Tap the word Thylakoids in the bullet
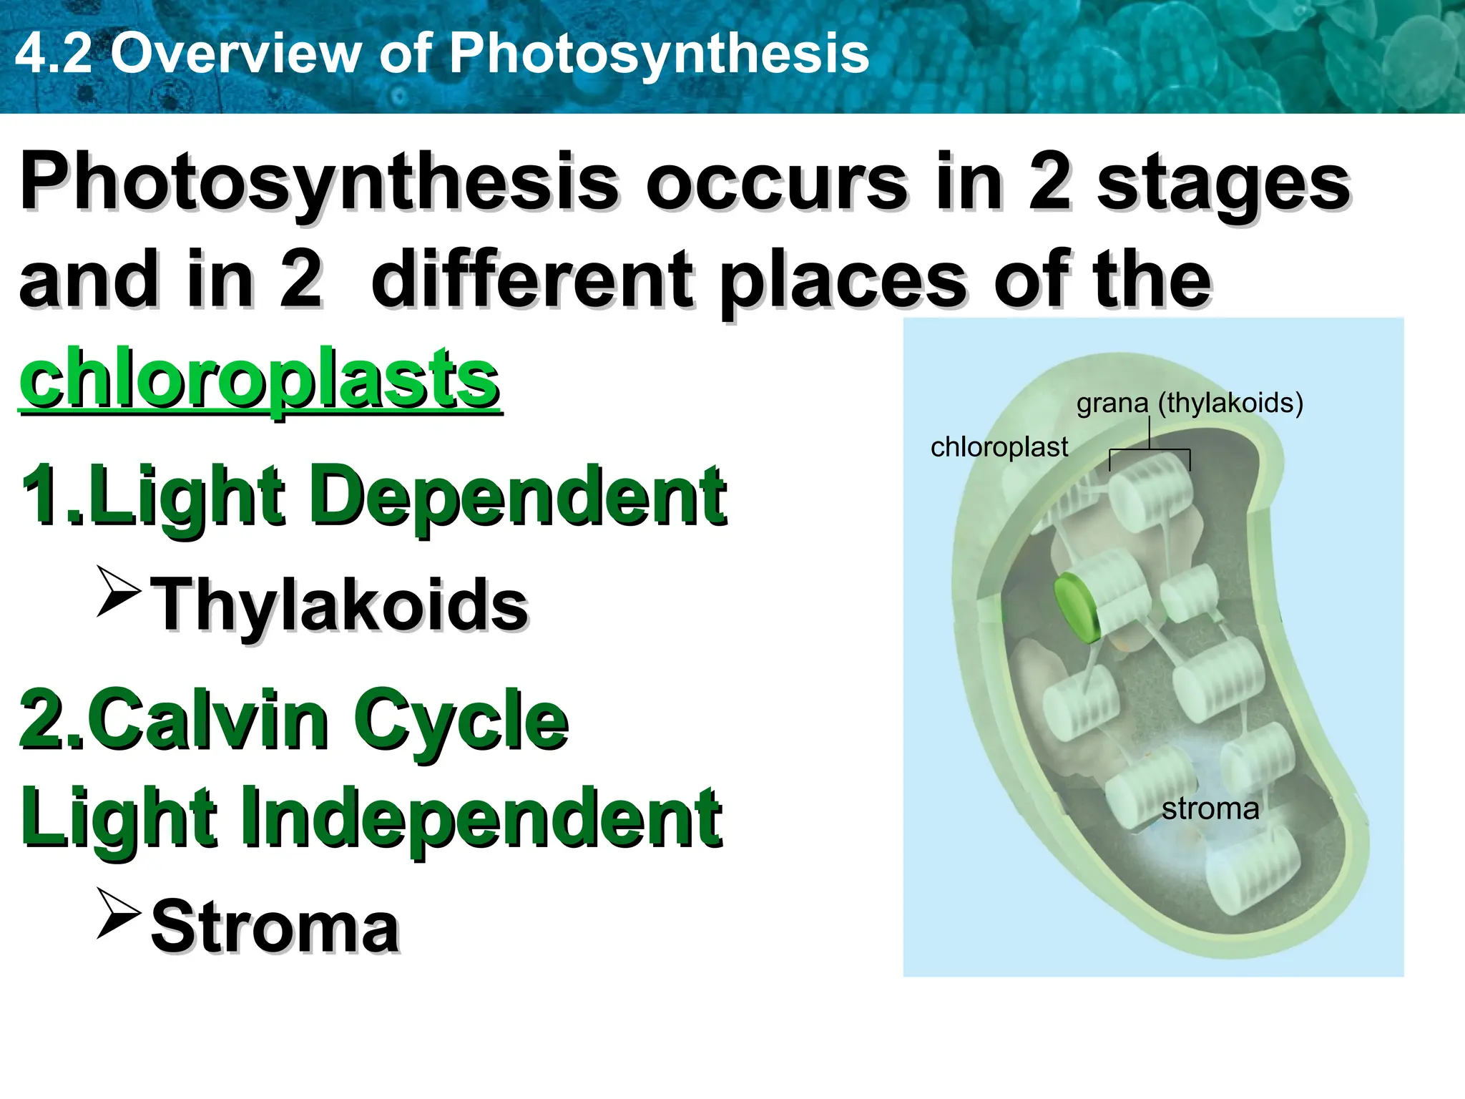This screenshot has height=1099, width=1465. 340,605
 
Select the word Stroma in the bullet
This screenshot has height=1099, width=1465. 275,927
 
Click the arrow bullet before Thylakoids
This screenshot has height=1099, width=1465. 118,592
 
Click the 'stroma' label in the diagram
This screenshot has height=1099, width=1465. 1210,809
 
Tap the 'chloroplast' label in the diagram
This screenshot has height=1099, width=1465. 999,447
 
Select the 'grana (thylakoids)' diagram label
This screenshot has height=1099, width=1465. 1190,403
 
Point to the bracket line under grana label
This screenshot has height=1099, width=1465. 1150,451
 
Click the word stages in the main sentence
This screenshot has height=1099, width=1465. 1223,182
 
